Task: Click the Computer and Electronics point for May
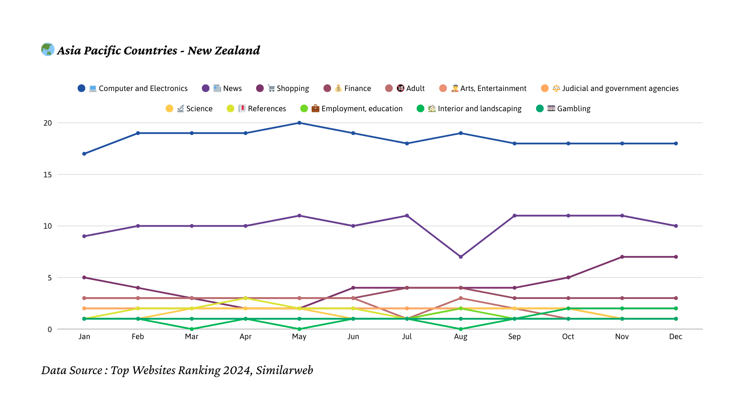click(299, 123)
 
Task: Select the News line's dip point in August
click(461, 257)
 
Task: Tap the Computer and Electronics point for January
click(84, 154)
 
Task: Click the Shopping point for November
click(622, 257)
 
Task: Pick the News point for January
click(84, 236)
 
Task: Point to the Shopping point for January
click(84, 278)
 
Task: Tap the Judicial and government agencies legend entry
click(610, 88)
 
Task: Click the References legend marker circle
click(230, 108)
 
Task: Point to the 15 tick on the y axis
click(47, 175)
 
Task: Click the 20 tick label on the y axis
click(47, 123)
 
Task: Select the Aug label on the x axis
click(461, 336)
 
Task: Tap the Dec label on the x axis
click(676, 336)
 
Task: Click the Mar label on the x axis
click(192, 336)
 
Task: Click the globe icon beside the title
click(48, 49)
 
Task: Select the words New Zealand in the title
click(224, 51)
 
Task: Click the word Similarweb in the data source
click(284, 370)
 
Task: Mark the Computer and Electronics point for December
click(676, 143)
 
